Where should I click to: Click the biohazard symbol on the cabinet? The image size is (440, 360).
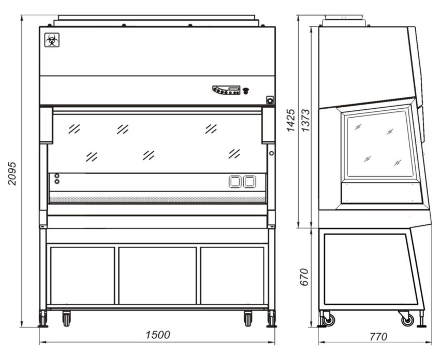point(52,40)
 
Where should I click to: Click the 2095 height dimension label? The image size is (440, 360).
point(12,173)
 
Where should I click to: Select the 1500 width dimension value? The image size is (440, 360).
point(158,335)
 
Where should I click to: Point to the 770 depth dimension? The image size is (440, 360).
point(378,336)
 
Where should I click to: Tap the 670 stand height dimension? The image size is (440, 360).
point(304,277)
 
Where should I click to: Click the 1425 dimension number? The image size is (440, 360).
point(291,120)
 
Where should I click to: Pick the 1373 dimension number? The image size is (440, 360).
point(305,120)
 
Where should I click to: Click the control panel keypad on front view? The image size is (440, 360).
point(226,90)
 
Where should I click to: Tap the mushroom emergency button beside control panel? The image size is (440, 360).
point(245,91)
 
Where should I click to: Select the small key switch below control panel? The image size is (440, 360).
point(270,99)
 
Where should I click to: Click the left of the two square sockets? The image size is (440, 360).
point(235,182)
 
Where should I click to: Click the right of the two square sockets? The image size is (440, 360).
point(249,182)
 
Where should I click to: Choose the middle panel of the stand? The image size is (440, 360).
point(157,276)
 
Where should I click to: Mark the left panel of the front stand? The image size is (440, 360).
point(82,276)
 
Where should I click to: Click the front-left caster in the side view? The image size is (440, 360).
point(328,319)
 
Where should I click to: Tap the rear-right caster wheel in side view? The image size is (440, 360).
point(406,319)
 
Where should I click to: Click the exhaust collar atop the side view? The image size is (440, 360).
point(344,21)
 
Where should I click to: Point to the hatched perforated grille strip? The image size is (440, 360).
point(157,199)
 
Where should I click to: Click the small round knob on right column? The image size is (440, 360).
point(271,153)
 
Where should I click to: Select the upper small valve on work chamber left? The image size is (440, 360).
point(57,176)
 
